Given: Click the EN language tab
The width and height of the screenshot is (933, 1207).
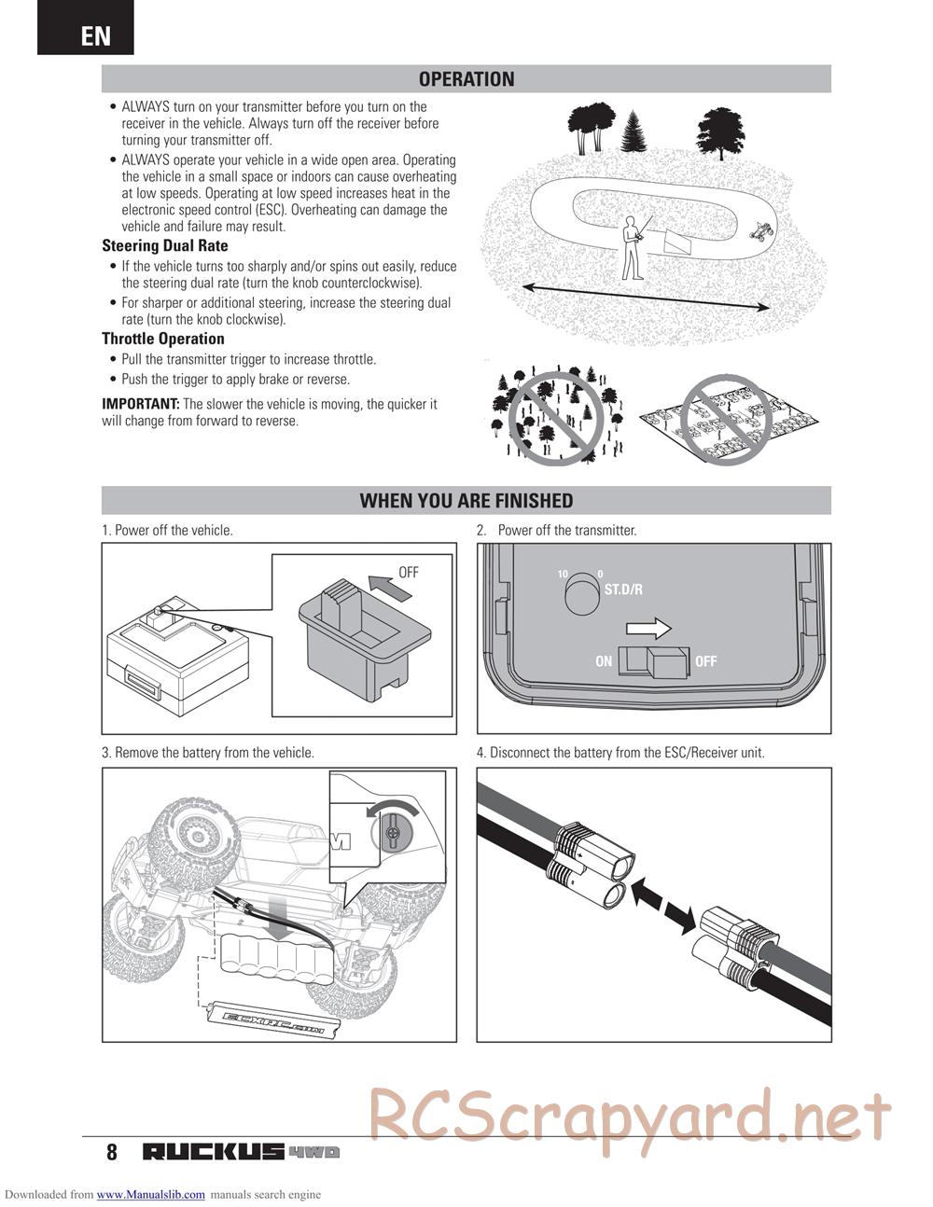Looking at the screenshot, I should (95, 35).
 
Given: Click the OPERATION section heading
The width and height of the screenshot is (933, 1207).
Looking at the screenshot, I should (466, 79).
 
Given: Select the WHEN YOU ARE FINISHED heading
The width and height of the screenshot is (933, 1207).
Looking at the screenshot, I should (466, 501).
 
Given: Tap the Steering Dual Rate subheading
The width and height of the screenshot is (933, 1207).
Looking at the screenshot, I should (165, 246).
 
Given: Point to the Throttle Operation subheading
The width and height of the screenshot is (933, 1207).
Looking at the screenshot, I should (163, 339).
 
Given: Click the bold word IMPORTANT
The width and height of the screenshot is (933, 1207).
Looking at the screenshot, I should (140, 404).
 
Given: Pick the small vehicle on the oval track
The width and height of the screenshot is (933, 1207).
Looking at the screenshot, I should (762, 229).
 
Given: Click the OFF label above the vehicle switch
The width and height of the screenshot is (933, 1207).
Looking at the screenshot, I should (409, 573).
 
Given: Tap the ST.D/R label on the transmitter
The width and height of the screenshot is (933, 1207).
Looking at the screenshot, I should (623, 590).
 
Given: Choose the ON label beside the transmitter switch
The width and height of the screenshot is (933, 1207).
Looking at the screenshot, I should (604, 661).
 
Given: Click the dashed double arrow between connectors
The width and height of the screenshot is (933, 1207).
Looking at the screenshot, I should (663, 903).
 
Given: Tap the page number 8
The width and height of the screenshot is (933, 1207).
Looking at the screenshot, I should (112, 1152).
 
